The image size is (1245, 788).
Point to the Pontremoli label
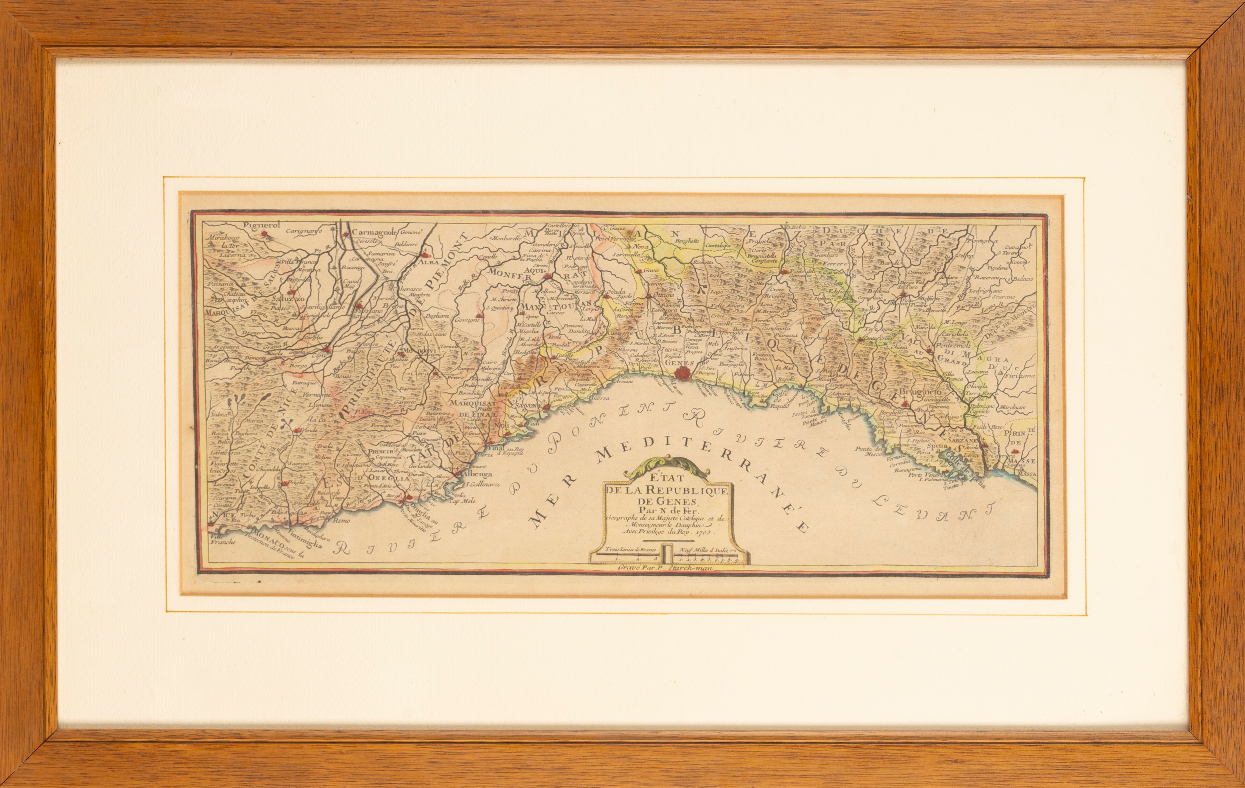[951, 344]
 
